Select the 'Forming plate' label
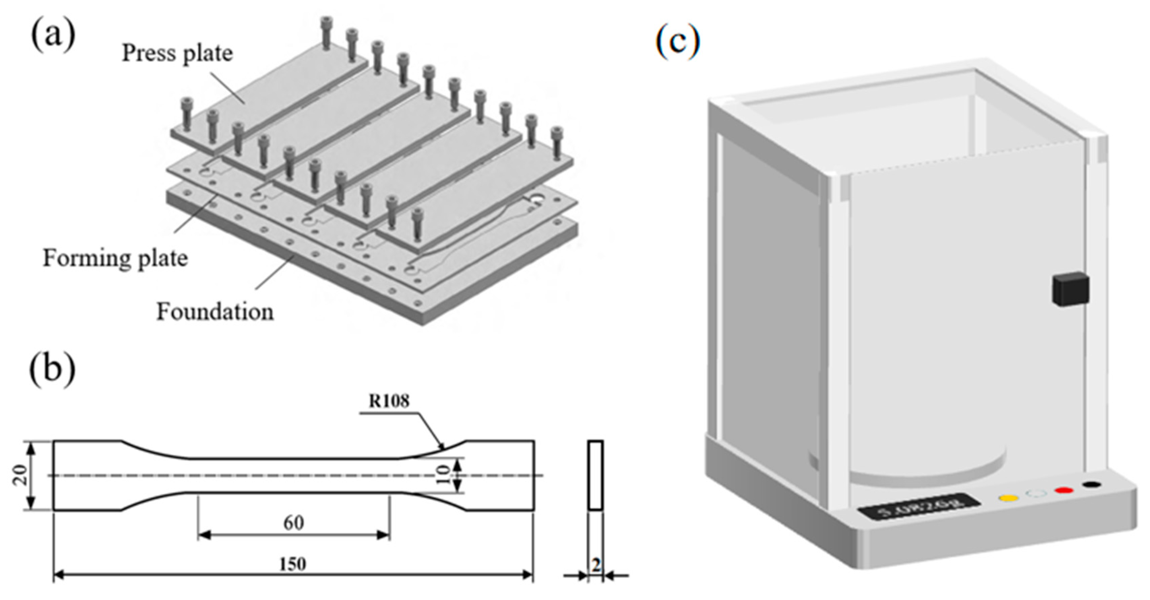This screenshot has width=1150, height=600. click(x=115, y=258)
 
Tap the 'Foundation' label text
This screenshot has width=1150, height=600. click(x=215, y=312)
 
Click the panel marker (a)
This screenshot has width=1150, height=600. click(x=53, y=35)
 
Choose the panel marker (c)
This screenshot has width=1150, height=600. click(x=677, y=42)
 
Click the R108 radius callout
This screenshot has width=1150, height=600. click(x=389, y=401)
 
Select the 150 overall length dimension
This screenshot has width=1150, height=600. click(x=293, y=564)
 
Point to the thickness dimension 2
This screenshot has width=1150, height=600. click(x=596, y=566)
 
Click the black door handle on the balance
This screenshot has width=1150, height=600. click(x=1070, y=289)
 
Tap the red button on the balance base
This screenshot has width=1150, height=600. click(x=1063, y=491)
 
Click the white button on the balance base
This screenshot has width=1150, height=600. click(x=1036, y=494)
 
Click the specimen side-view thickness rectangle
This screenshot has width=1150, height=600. click(x=595, y=475)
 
